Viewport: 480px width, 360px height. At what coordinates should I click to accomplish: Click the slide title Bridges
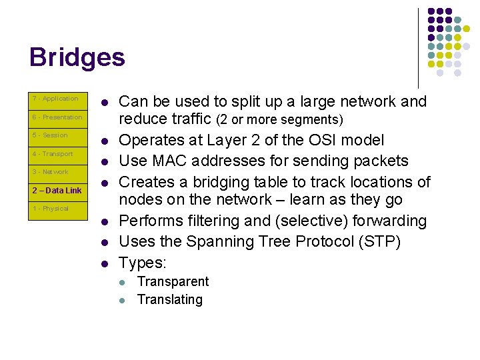(x=77, y=57)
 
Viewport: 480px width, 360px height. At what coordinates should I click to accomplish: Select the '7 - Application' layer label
(x=55, y=99)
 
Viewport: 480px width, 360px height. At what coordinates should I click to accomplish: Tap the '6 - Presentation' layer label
(x=57, y=117)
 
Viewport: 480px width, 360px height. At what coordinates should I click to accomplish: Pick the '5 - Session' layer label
(x=50, y=135)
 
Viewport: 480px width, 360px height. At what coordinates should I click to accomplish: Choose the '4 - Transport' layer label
(x=53, y=154)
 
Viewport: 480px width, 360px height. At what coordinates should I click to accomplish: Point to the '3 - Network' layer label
(x=51, y=172)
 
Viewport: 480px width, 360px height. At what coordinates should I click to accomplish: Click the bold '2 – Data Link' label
(x=57, y=191)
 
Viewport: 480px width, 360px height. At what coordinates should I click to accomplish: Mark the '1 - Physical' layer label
(x=51, y=209)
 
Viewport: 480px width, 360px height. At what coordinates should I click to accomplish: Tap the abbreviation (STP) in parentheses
(x=379, y=241)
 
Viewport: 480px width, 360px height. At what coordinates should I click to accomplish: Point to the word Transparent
(x=173, y=281)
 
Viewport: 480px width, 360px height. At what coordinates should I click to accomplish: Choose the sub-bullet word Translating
(x=169, y=299)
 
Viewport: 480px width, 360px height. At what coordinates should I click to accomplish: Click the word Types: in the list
(x=142, y=262)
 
